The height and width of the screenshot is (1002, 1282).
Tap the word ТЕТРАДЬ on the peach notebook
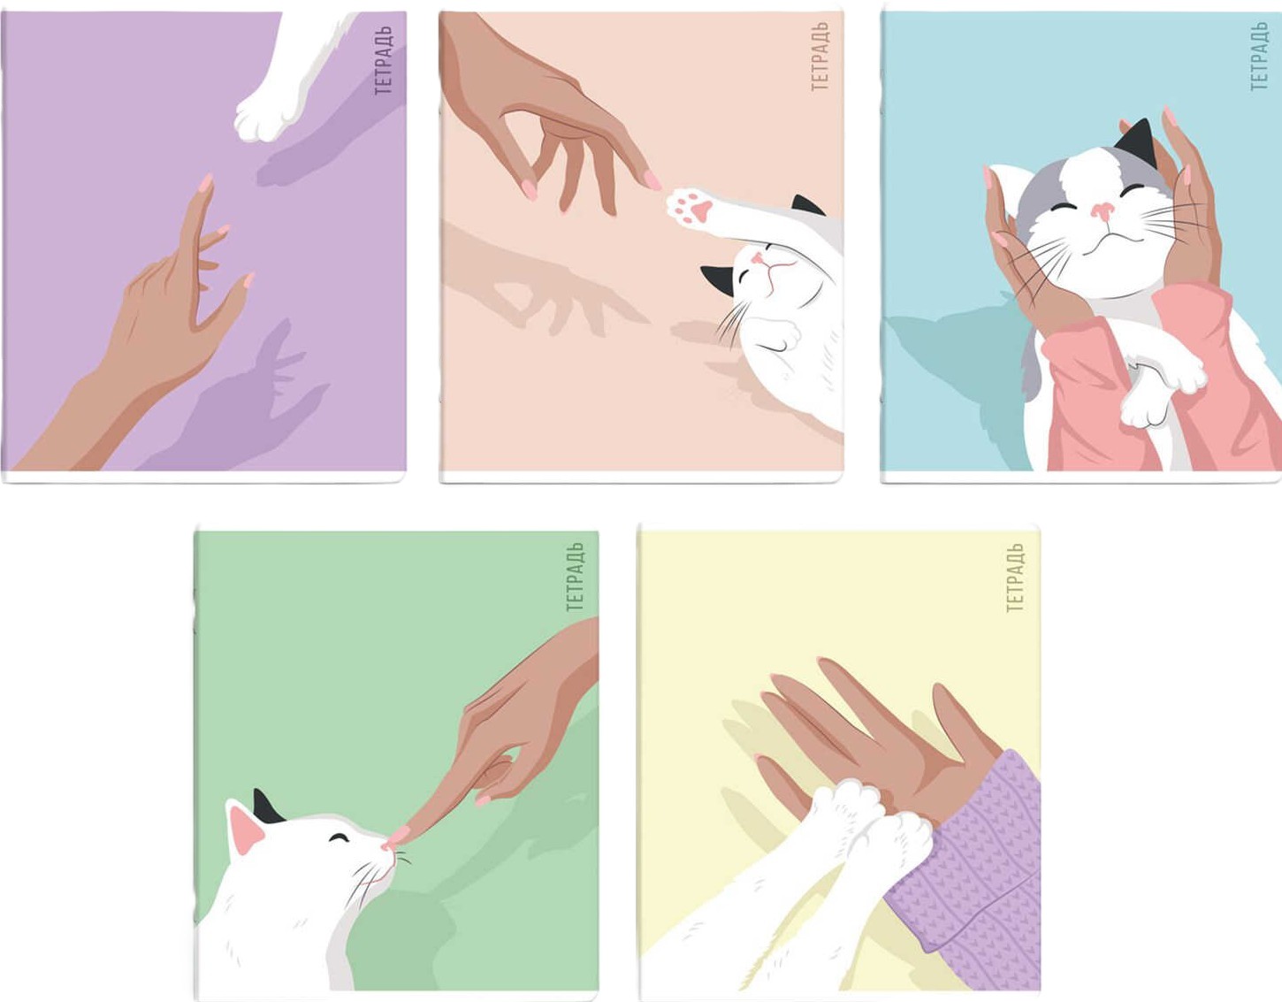tap(820, 56)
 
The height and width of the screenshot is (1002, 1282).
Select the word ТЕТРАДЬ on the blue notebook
tap(1259, 56)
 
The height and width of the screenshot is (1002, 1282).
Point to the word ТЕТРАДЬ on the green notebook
tap(576, 577)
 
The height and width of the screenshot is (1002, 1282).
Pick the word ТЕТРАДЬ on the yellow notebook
tap(1015, 577)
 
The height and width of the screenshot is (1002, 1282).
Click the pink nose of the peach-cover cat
tap(759, 256)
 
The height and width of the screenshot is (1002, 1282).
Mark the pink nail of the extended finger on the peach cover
tap(652, 180)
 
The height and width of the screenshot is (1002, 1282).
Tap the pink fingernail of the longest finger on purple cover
tap(205, 184)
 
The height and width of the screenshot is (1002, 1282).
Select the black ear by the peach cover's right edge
tap(807, 205)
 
